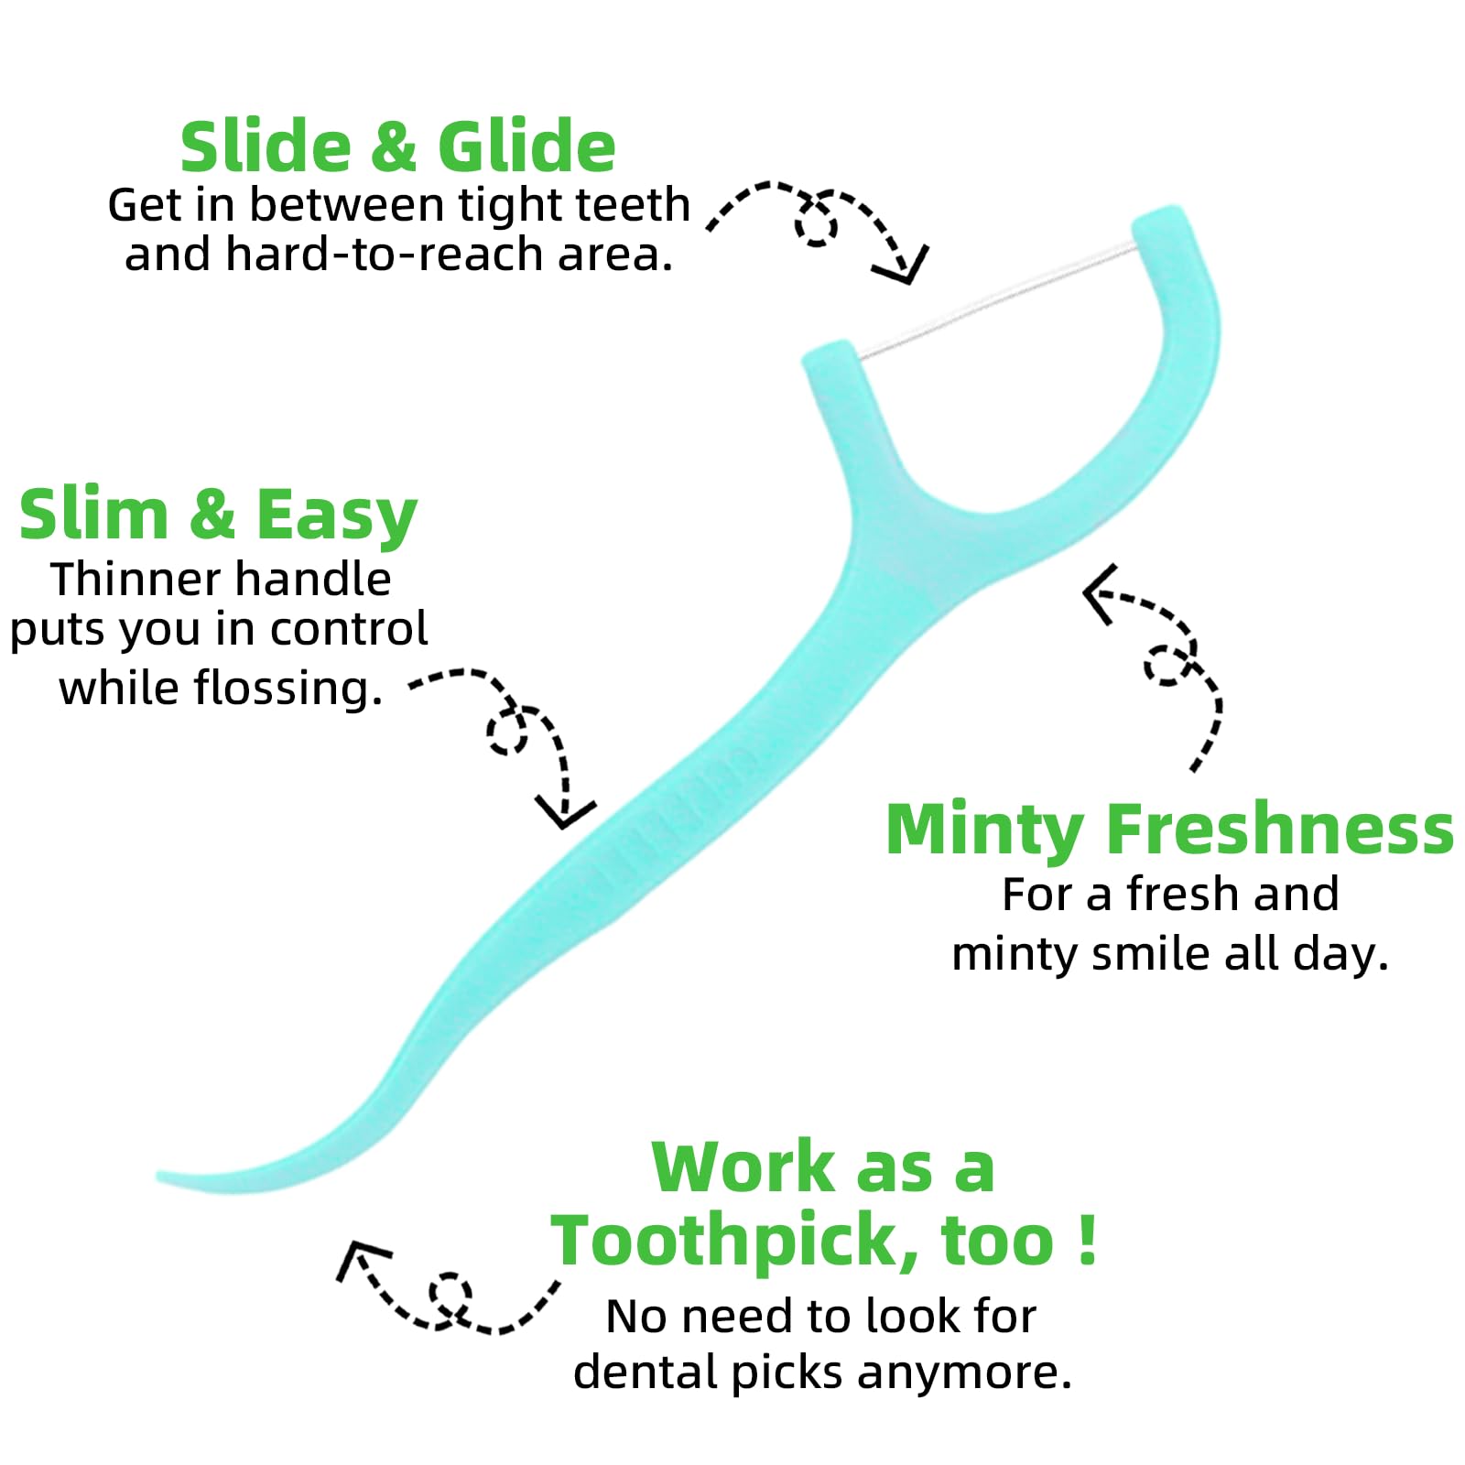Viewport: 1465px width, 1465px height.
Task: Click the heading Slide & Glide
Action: click(397, 146)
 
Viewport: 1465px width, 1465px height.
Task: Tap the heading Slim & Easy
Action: click(218, 515)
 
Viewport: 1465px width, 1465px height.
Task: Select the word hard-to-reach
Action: click(386, 255)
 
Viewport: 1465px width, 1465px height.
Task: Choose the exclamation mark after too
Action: click(1087, 1239)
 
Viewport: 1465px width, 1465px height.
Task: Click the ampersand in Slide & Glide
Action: click(394, 148)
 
